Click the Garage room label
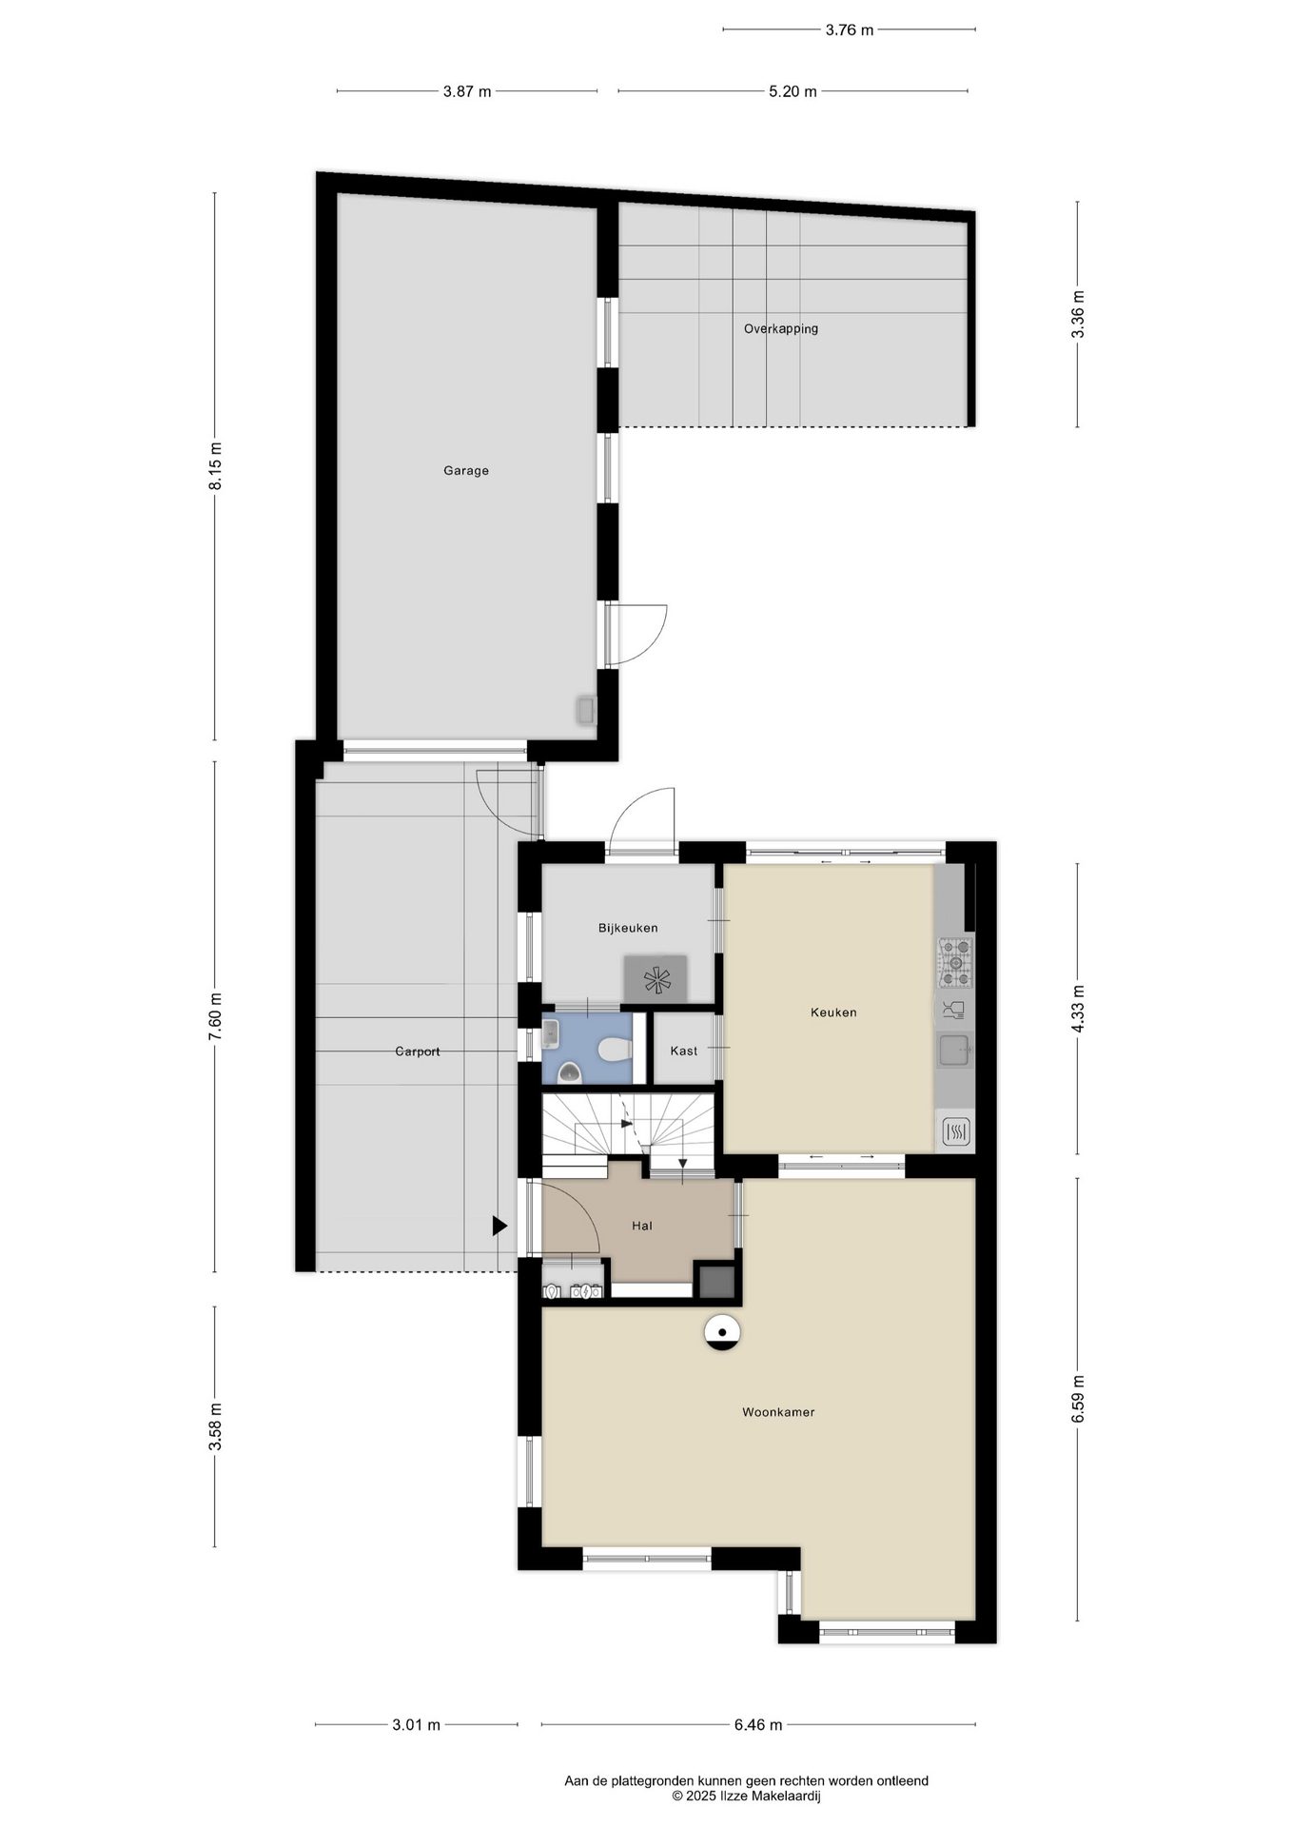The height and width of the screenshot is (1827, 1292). point(466,470)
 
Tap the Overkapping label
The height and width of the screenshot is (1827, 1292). point(781,329)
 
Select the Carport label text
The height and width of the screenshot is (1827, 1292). point(418,1051)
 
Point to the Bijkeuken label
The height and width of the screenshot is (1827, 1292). point(628,928)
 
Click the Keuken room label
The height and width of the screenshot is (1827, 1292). point(833,1012)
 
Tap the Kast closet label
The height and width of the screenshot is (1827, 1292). point(684,1051)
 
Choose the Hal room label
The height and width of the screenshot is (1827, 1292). point(642,1226)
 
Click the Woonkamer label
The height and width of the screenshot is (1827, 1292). point(778,1412)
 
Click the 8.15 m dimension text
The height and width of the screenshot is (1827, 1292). point(216,466)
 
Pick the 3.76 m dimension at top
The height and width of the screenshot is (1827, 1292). point(849,29)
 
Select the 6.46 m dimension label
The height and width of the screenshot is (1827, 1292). point(758,1724)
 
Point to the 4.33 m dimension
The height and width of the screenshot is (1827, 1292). point(1078,1009)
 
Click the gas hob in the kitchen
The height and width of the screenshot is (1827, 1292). point(956,961)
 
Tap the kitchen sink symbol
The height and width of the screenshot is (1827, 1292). point(954,1051)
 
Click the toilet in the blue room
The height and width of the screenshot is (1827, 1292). point(617,1050)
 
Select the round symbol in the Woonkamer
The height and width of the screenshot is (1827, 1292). point(722,1332)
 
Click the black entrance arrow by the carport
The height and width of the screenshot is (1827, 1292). point(499,1227)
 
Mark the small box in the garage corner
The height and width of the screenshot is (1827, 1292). point(585,711)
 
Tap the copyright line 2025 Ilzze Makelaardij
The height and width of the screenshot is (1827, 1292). point(746,1796)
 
